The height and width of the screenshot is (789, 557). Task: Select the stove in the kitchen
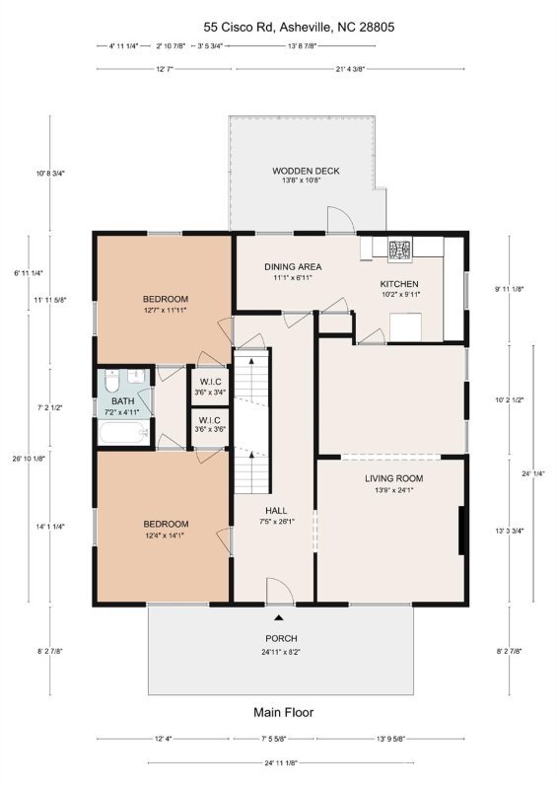point(401,251)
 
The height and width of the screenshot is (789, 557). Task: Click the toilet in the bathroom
point(111,380)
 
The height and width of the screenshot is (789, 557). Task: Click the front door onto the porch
point(281,592)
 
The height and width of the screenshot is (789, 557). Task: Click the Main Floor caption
point(283,712)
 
